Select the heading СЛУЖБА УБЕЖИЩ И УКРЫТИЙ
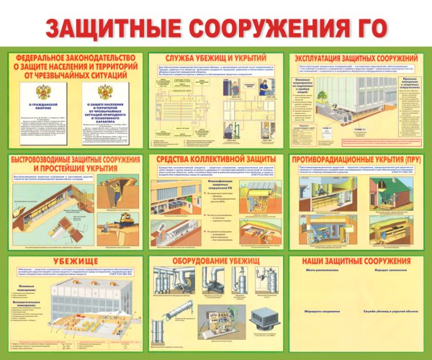216,58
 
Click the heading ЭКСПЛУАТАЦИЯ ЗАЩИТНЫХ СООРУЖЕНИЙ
354,58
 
